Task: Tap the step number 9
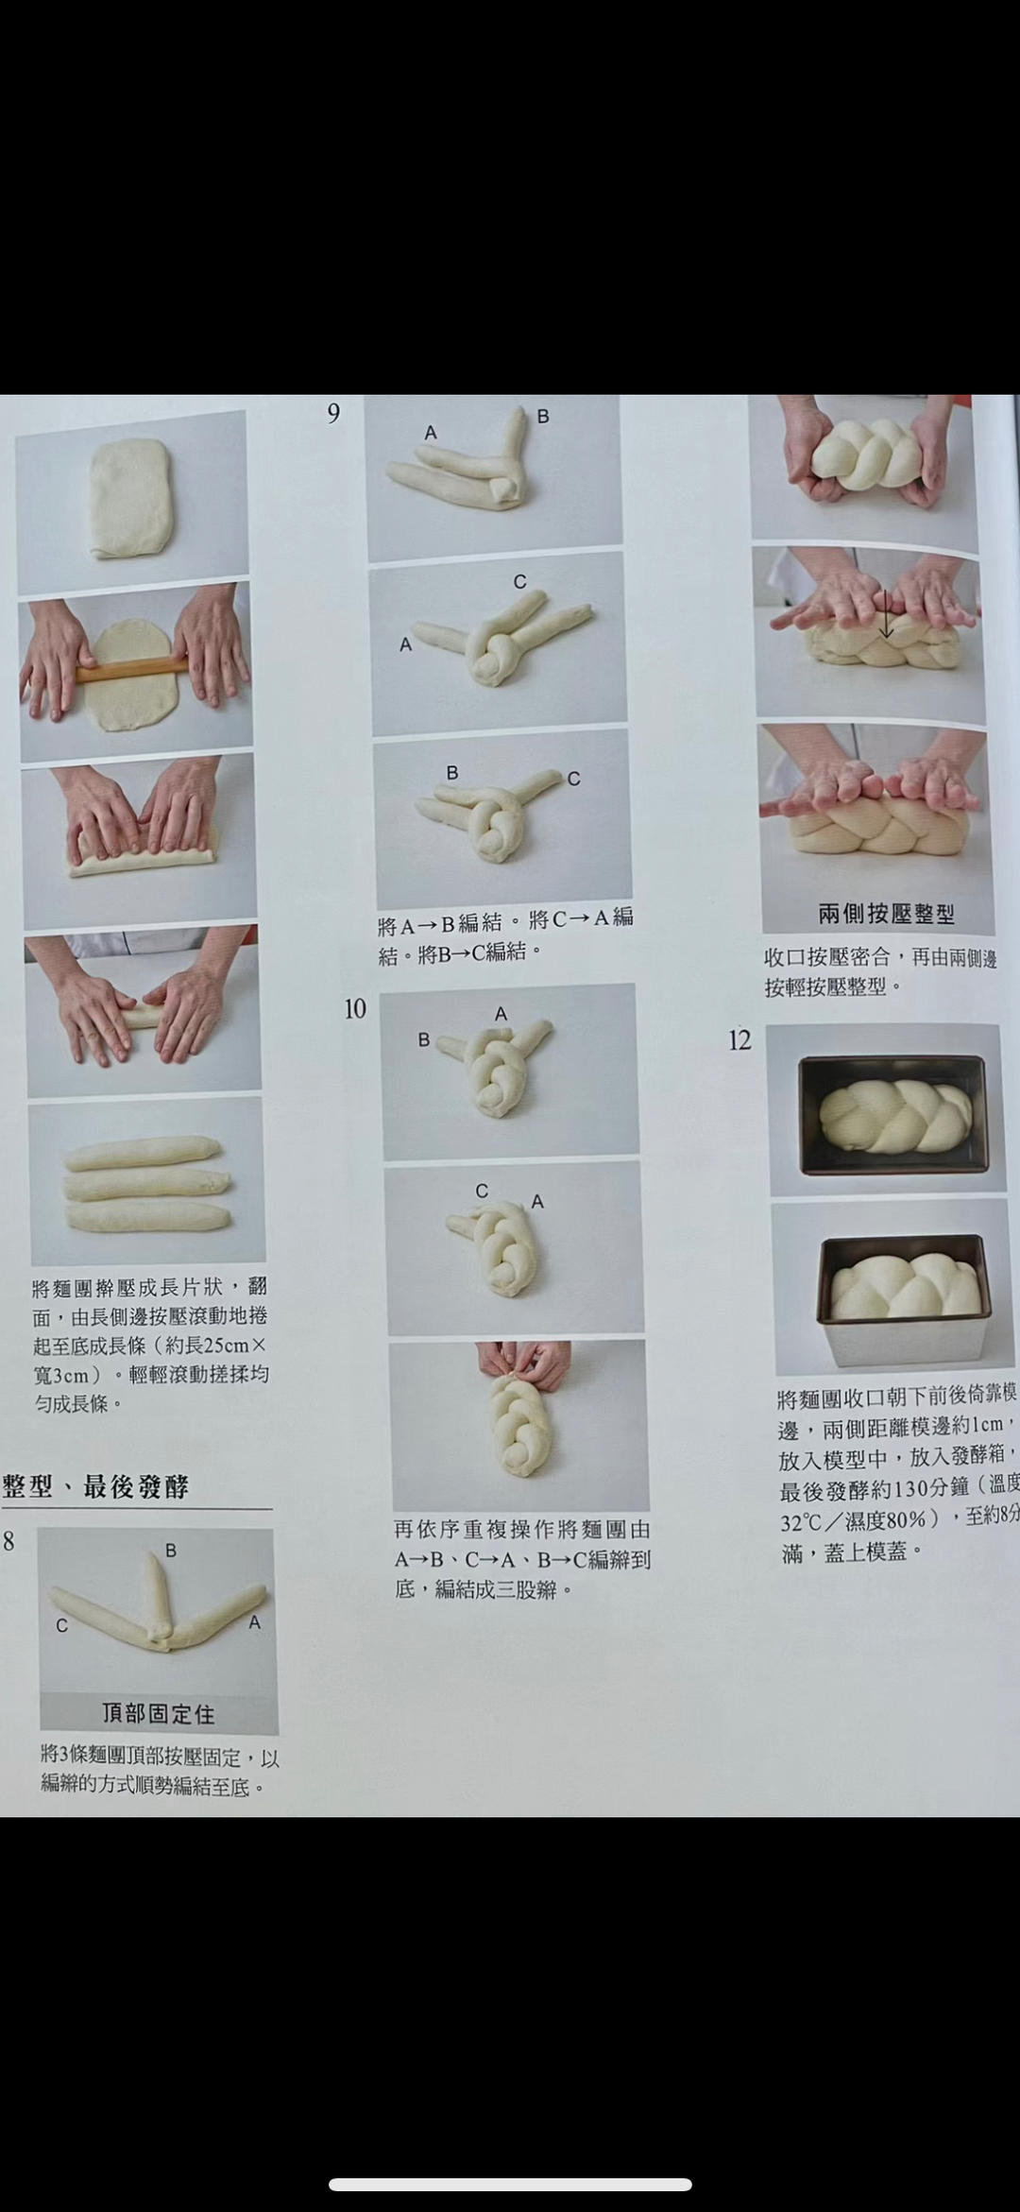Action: point(333,414)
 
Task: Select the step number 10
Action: point(355,1009)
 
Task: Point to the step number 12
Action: point(739,1040)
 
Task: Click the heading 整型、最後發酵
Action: point(95,1486)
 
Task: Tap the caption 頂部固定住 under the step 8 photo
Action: point(159,1713)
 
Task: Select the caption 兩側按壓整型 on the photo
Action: point(886,914)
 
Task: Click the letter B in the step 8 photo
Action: point(171,1550)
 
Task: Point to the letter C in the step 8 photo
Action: point(61,1625)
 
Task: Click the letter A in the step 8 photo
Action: point(254,1622)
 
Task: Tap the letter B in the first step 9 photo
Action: point(543,416)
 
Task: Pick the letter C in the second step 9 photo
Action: point(519,582)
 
